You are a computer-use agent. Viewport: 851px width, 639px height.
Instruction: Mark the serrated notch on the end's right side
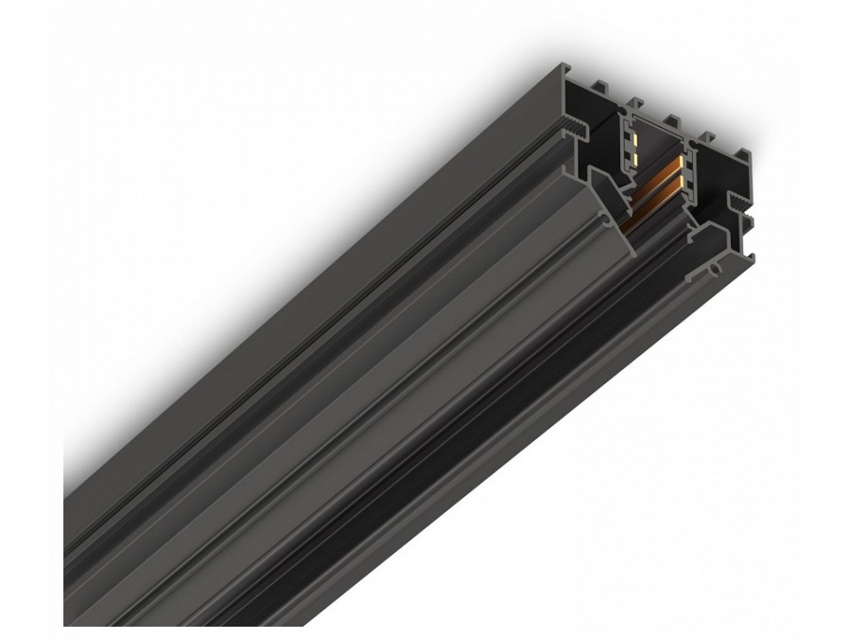click(737, 204)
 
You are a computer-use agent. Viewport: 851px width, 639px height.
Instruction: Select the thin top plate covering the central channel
click(652, 124)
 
